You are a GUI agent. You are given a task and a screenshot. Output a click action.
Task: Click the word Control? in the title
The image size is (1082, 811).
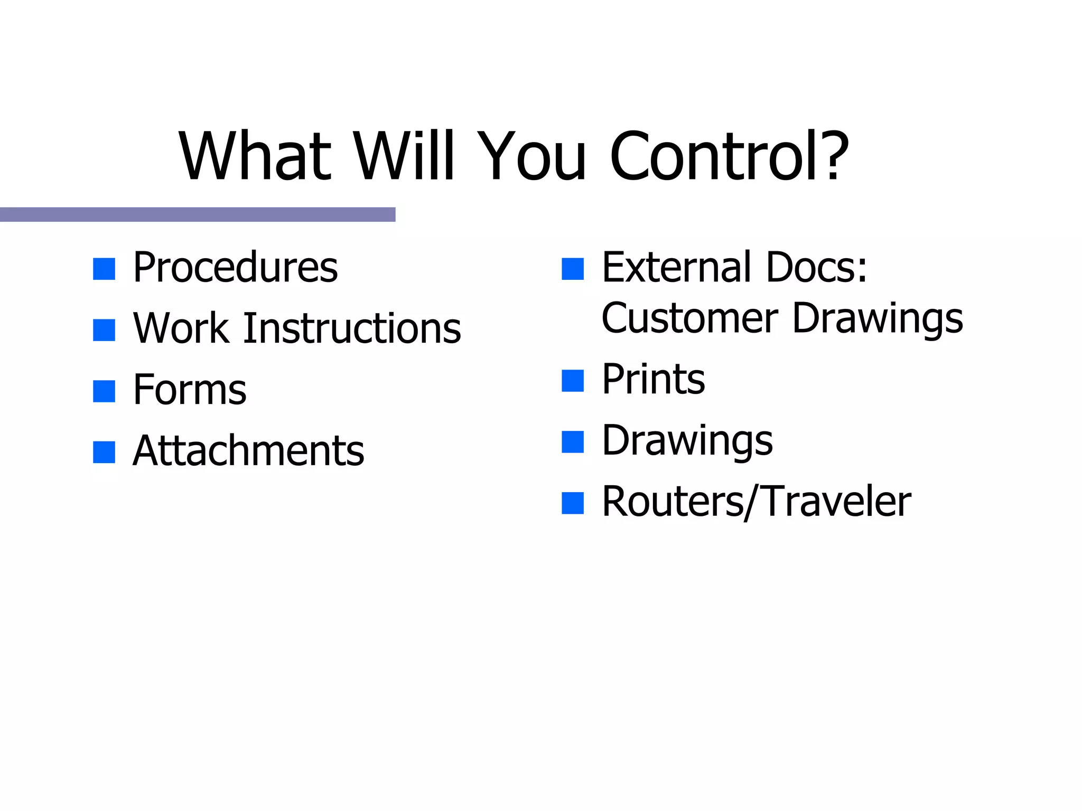pos(729,156)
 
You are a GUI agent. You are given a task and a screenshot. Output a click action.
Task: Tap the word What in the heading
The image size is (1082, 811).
pos(255,156)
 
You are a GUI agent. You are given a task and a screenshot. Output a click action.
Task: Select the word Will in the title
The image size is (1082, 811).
pos(404,156)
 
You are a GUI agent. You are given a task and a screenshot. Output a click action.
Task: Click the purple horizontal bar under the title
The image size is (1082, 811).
pos(198,214)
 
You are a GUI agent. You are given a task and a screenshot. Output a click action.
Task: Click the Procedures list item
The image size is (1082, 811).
pos(235,267)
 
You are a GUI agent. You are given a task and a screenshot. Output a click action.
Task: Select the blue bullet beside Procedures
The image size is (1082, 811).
pos(104,269)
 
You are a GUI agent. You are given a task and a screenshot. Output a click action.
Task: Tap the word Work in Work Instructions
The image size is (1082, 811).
pos(181,328)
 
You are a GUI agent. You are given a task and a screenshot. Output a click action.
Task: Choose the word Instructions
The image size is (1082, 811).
pos(352,328)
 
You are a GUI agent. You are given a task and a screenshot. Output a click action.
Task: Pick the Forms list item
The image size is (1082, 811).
pos(190,390)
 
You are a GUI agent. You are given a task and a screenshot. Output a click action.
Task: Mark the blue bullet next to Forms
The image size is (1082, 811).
pos(104,391)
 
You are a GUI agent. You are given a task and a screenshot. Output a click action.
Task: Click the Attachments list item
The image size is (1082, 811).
pos(248,451)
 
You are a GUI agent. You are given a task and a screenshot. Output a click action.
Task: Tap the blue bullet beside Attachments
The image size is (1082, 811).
pos(104,452)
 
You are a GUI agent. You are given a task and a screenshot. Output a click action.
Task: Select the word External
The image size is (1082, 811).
pos(676,267)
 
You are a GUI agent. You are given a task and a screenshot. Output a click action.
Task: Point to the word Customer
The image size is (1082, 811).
pos(689,319)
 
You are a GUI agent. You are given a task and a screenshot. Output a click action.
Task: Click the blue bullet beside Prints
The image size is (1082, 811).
pos(573,381)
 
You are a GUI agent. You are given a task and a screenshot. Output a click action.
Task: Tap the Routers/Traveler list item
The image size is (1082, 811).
pos(757,502)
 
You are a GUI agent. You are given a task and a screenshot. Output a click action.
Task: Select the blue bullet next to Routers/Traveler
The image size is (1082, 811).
pos(573,503)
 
